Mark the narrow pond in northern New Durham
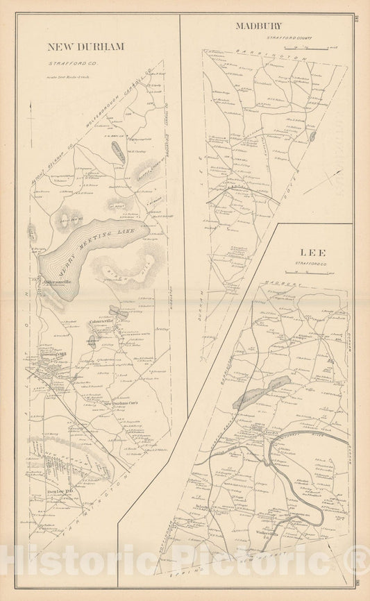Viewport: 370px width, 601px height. (x=120, y=153)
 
